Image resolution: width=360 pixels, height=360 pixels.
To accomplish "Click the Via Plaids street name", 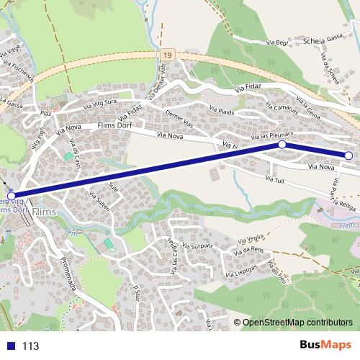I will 222,109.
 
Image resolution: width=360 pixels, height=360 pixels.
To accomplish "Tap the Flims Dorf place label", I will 115,125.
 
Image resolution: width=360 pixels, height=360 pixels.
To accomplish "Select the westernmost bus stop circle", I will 11,195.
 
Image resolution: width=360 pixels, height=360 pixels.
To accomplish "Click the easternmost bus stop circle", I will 348,156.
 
